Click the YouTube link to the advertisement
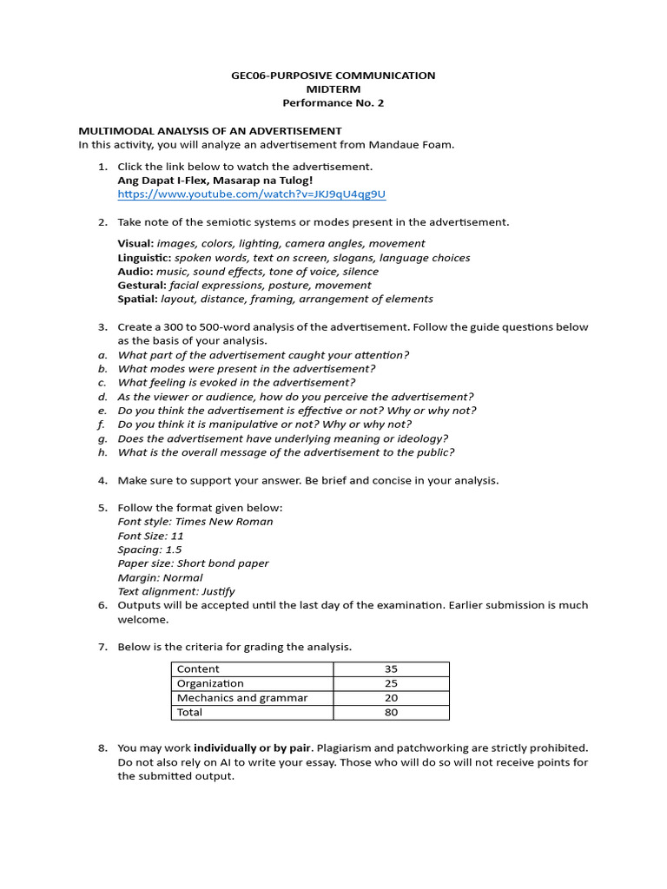tap(251, 194)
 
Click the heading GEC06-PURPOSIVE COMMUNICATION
tap(333, 76)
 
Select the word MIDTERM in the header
tap(333, 89)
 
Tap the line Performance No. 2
tap(333, 103)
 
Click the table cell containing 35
tap(391, 669)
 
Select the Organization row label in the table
tap(210, 684)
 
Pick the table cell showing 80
tap(391, 713)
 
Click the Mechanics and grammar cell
tap(242, 698)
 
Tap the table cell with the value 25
tap(391, 684)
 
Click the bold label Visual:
tap(135, 244)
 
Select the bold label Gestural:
tap(142, 286)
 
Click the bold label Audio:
tap(135, 272)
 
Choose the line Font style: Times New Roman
tap(195, 522)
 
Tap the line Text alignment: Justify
tap(176, 591)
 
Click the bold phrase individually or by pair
tap(248, 747)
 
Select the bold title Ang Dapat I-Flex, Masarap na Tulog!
tap(215, 181)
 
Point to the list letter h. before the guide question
tap(102, 452)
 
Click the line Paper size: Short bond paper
tap(193, 563)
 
